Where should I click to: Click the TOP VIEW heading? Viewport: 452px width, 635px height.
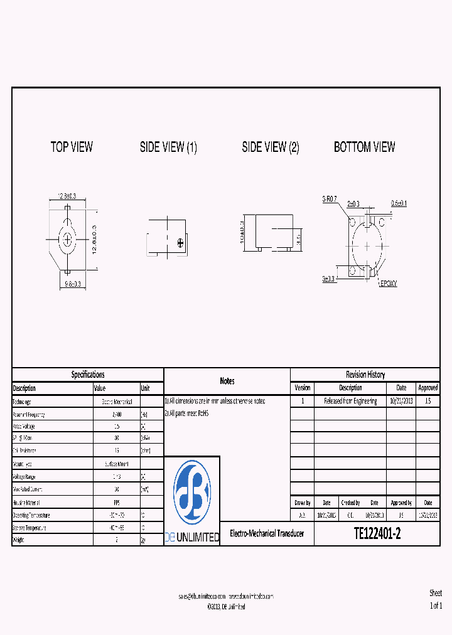tap(72, 147)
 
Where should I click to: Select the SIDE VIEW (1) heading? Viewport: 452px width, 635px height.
tap(168, 147)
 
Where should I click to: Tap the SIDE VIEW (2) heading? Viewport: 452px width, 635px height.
tap(271, 147)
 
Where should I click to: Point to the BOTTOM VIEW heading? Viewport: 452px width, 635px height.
tap(364, 147)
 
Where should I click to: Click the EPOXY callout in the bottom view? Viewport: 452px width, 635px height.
tap(388, 284)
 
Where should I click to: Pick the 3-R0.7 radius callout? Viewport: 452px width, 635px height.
tap(330, 199)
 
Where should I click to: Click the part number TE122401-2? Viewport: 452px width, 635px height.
tap(377, 533)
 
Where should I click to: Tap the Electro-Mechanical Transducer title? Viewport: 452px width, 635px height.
tap(267, 533)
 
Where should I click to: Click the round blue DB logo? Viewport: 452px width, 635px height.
tap(191, 492)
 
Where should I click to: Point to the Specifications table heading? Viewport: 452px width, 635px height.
tap(88, 375)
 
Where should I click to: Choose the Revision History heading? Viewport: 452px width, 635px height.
tap(365, 375)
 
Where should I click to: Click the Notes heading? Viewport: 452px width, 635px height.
tap(227, 381)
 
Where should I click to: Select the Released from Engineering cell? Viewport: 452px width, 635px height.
tap(350, 401)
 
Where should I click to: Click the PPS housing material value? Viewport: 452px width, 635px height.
tap(116, 503)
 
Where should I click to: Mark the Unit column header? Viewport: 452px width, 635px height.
tap(146, 388)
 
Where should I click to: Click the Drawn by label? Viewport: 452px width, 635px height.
tap(302, 503)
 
